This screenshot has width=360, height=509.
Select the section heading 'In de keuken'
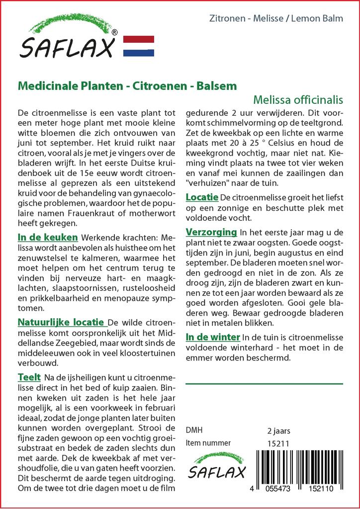tap(48, 238)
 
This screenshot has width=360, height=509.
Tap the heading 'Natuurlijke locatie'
tap(61, 322)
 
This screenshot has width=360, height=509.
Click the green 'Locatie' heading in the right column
tap(201, 197)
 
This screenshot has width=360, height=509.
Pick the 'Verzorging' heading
tap(211, 232)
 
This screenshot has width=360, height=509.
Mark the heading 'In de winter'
tap(213, 337)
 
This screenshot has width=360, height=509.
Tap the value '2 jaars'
tap(278, 430)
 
